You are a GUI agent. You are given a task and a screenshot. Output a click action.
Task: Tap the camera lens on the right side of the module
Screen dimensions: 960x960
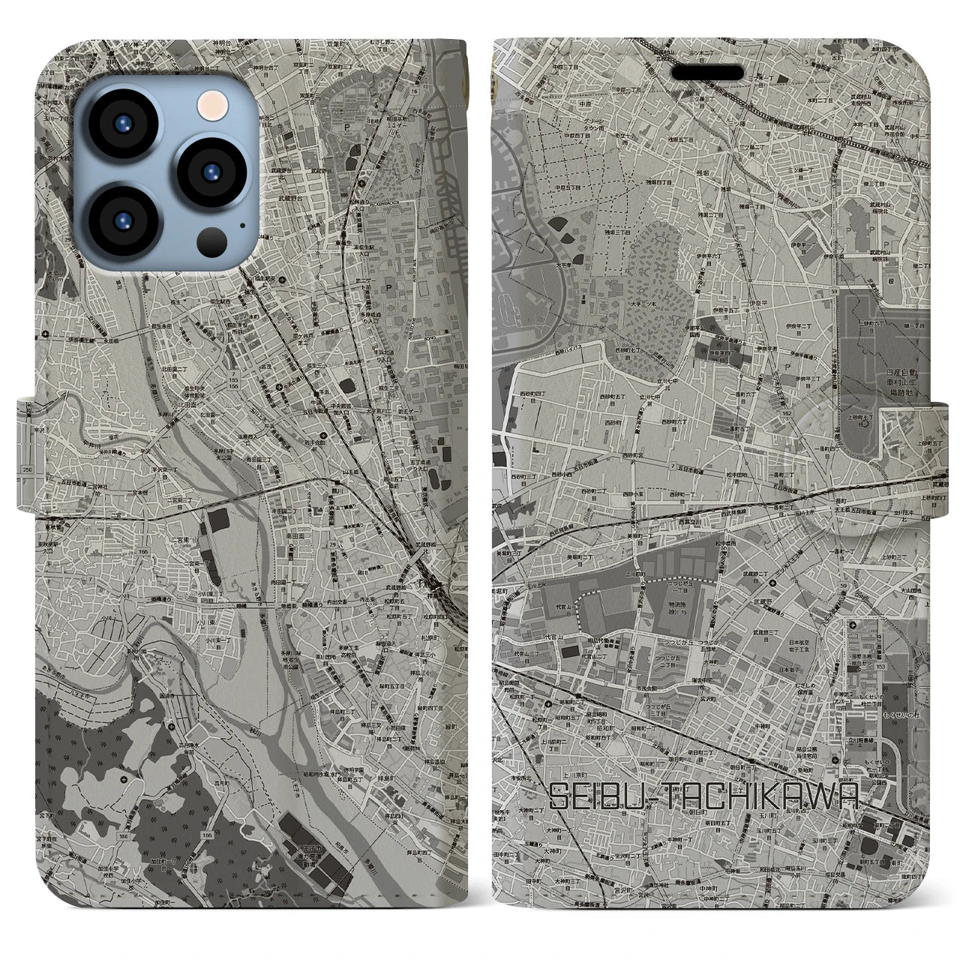pyautogui.click(x=208, y=171)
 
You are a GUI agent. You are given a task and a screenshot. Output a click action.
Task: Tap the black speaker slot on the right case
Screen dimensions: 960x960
pyautogui.click(x=713, y=73)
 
